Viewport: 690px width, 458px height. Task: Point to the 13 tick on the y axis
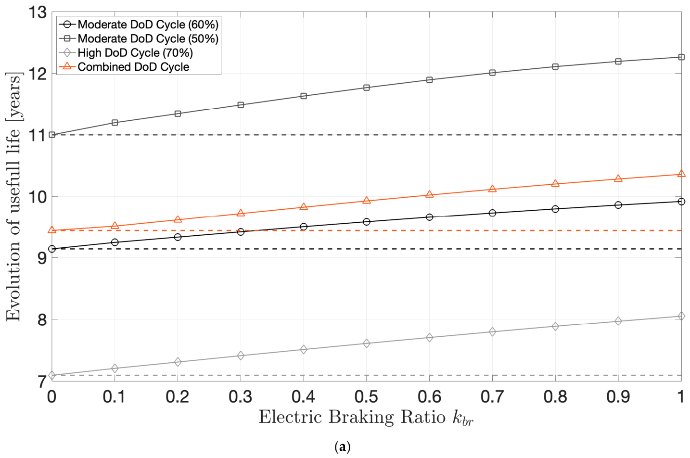[38, 13]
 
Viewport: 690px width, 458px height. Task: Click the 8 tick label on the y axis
[42, 320]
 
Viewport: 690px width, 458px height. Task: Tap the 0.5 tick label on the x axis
[366, 397]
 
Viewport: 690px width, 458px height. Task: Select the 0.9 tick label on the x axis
[618, 397]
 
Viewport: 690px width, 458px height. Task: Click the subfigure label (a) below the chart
[343, 447]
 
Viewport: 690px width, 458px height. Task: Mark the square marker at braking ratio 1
[681, 57]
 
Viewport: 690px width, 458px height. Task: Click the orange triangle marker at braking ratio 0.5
[367, 201]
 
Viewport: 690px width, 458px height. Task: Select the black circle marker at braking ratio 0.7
[492, 213]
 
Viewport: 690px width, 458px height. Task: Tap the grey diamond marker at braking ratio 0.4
[304, 349]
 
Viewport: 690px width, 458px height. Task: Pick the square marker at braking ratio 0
[52, 135]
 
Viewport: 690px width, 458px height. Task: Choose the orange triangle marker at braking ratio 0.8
[555, 183]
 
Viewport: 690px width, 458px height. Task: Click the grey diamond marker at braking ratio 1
[681, 316]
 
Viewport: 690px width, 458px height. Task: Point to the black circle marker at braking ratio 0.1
[115, 242]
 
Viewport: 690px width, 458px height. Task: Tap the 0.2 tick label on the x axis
[178, 397]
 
